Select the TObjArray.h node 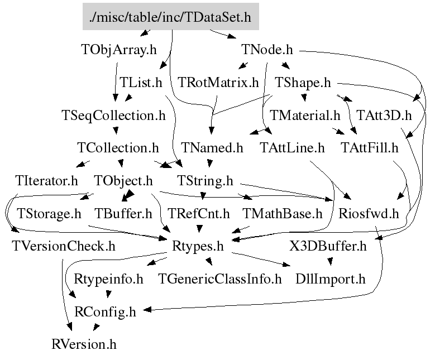pos(118,50)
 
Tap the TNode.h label pos(267,50)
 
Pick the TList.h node pos(141,83)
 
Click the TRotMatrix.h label pos(218,83)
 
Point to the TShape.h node pos(303,83)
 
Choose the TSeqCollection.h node pos(113,116)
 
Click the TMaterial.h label pos(305,116)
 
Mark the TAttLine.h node pos(292,148)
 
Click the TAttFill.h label pos(370,148)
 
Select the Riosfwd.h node pos(369,213)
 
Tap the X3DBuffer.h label pos(328,246)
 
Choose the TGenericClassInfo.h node pos(220,279)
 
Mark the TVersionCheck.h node pos(63,246)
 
